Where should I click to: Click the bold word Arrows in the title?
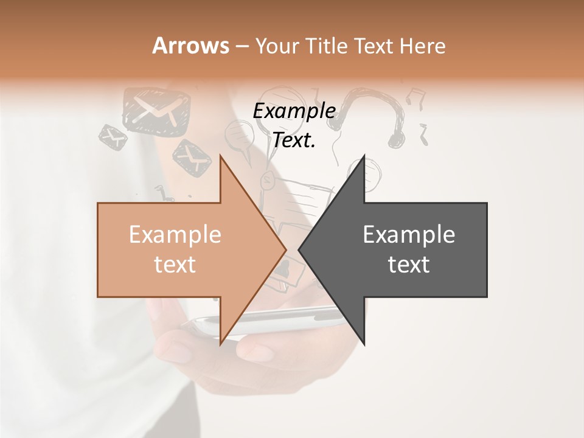(x=190, y=46)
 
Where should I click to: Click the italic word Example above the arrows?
(x=294, y=111)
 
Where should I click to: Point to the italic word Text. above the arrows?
(x=294, y=140)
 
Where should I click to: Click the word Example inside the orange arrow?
(x=175, y=235)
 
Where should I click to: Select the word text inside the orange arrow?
(x=175, y=264)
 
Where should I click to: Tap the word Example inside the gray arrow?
(x=409, y=235)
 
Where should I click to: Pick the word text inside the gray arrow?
(x=409, y=264)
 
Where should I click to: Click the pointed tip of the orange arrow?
(x=285, y=249)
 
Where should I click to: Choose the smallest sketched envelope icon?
(x=113, y=137)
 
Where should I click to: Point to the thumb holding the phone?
(x=255, y=350)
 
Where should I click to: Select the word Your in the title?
(x=271, y=46)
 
